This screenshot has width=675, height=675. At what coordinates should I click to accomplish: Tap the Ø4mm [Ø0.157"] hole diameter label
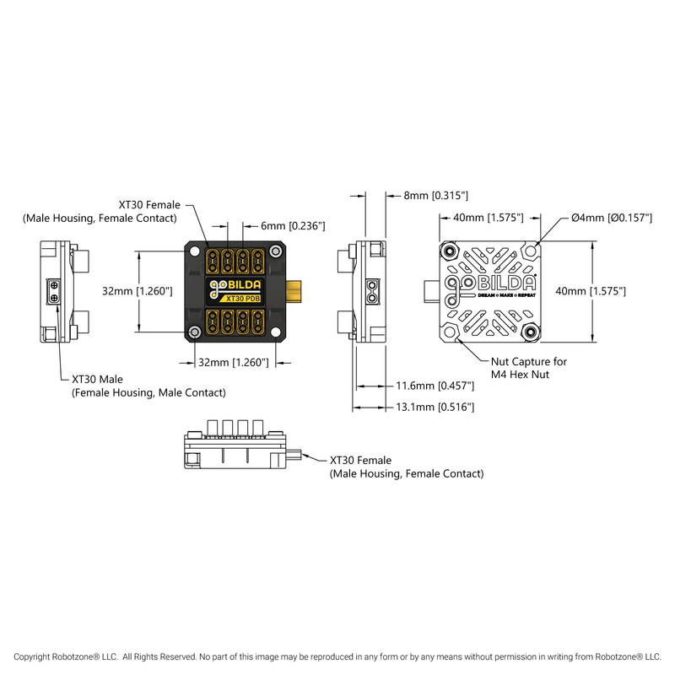coord(612,218)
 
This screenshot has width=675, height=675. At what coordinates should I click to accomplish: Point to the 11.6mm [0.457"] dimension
coord(435,386)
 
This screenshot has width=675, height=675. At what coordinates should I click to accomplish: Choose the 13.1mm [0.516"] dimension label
coord(435,407)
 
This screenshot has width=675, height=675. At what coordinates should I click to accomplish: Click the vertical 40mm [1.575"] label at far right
coord(590,290)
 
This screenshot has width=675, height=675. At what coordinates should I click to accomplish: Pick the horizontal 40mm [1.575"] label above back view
coord(489,218)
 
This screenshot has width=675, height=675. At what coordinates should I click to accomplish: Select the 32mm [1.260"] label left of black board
coord(138,290)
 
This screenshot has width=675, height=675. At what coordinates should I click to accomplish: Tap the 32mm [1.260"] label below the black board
coord(232,363)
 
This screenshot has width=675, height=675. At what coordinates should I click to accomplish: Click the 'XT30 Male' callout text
coord(96,380)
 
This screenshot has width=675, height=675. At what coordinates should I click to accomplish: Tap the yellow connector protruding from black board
coord(295,291)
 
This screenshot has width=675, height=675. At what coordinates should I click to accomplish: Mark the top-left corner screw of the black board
coord(197,251)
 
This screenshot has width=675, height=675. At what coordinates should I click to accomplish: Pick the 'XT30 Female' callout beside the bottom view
coord(360,460)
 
